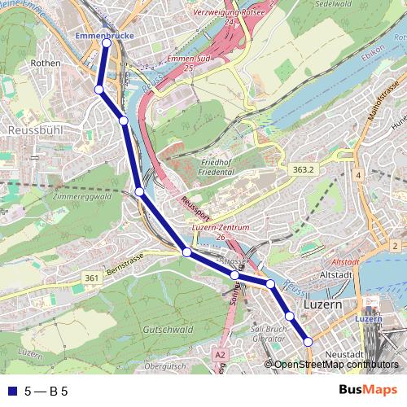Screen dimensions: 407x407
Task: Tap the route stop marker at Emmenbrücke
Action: point(106,44)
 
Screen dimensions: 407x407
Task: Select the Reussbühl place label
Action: point(29,129)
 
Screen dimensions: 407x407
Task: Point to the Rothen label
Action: point(41,62)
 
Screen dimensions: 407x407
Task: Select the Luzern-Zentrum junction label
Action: point(220,229)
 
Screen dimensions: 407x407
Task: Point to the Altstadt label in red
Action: point(347,262)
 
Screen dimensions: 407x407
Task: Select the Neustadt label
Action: point(343,355)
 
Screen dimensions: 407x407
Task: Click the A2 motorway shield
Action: point(220,355)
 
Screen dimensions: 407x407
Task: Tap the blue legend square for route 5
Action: point(11,392)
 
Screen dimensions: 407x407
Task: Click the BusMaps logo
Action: point(369,390)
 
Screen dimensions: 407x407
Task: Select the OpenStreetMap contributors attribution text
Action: point(335,365)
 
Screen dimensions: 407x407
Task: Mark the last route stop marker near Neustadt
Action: point(309,342)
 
